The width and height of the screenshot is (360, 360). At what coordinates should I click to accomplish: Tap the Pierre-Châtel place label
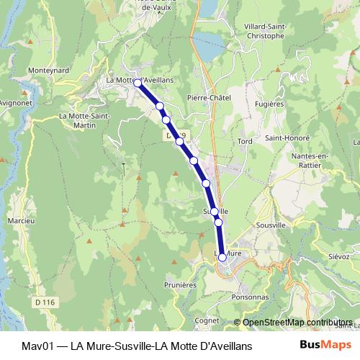207,98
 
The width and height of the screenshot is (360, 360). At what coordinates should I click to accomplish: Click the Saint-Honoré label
287,138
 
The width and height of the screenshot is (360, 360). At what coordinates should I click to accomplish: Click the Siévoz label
338,256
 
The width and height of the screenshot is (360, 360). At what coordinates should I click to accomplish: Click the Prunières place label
180,284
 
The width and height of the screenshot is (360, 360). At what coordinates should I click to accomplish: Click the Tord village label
245,141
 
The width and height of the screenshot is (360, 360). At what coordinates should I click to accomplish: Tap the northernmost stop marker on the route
138,84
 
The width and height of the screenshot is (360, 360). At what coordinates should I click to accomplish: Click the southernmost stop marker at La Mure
222,256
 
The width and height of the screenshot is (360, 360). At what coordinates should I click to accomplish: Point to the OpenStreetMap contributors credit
297,323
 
